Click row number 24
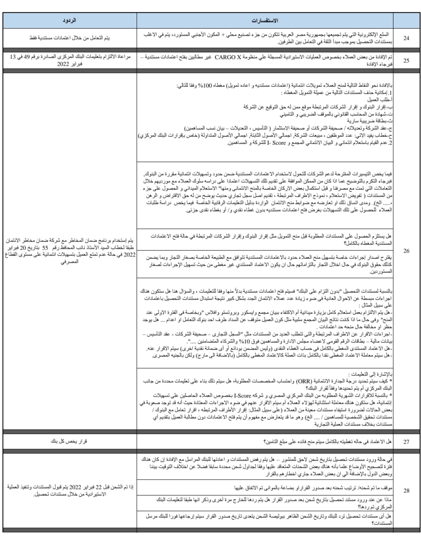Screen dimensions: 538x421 [406, 39]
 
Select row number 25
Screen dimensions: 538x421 [406, 60]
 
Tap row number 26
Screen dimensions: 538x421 [406, 251]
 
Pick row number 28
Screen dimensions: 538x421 [406, 491]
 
